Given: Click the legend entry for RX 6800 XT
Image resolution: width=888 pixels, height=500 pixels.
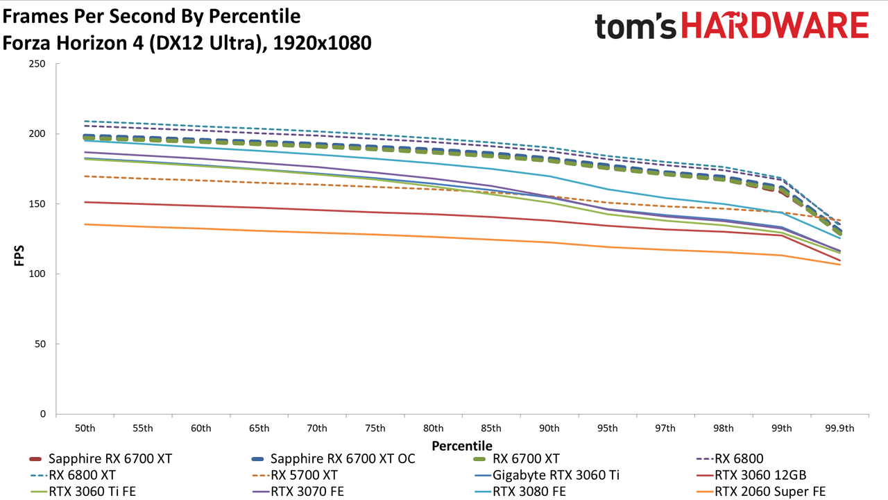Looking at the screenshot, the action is pyautogui.click(x=73, y=475).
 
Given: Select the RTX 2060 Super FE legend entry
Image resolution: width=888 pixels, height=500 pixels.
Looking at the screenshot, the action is pyautogui.click(x=761, y=492).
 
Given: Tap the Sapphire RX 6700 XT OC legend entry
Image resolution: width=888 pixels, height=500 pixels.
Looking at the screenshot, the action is pyautogui.click(x=334, y=459).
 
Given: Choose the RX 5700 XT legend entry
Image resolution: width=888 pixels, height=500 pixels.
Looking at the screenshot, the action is pyautogui.click(x=295, y=475).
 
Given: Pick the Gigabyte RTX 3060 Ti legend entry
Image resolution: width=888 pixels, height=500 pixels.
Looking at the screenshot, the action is pyautogui.click(x=547, y=475).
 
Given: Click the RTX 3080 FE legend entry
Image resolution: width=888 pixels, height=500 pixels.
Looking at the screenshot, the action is pyautogui.click(x=520, y=492).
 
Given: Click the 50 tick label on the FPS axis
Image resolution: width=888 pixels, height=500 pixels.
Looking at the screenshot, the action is pyautogui.click(x=40, y=344).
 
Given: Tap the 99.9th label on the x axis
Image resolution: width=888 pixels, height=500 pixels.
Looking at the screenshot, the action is pyautogui.click(x=839, y=428).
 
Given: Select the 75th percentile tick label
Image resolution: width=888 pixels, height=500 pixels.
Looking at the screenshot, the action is pyautogui.click(x=375, y=428).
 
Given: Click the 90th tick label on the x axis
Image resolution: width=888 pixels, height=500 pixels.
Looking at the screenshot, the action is pyautogui.click(x=549, y=428).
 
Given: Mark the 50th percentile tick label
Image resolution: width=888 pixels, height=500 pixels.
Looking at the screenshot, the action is pyautogui.click(x=85, y=428).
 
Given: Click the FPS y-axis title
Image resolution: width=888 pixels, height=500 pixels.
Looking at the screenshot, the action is pyautogui.click(x=19, y=256).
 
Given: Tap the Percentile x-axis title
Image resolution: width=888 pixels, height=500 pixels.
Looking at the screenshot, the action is pyautogui.click(x=462, y=446).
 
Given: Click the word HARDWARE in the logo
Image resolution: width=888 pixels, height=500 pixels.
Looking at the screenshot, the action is pyautogui.click(x=775, y=26).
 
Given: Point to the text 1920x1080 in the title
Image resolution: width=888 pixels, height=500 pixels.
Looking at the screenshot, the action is pyautogui.click(x=322, y=43).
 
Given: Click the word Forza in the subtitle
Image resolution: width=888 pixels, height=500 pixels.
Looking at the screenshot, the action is pyautogui.click(x=26, y=43).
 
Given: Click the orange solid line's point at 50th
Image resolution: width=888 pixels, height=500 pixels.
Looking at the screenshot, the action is pyautogui.click(x=85, y=224).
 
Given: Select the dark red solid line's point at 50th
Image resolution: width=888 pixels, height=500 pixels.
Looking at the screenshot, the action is pyautogui.click(x=85, y=202).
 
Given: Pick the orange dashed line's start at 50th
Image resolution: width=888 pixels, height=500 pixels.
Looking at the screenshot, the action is pyautogui.click(x=85, y=176).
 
